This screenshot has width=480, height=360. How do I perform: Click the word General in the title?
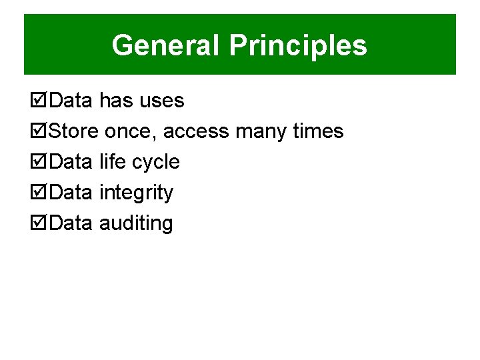166,46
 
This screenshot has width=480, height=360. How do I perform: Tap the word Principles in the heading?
297,46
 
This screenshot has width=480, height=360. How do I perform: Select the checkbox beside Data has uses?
40,101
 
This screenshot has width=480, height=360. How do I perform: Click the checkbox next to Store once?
40,132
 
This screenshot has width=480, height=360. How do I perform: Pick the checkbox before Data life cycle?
40,163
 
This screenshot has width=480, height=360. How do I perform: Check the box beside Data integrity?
40,193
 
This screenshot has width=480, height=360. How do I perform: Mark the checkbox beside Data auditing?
40,224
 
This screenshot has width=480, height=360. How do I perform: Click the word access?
196,132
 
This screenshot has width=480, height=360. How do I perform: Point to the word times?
319,131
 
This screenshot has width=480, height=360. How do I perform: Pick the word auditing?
136,224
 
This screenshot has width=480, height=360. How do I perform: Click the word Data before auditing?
71,223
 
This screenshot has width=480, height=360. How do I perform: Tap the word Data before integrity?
71,193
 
